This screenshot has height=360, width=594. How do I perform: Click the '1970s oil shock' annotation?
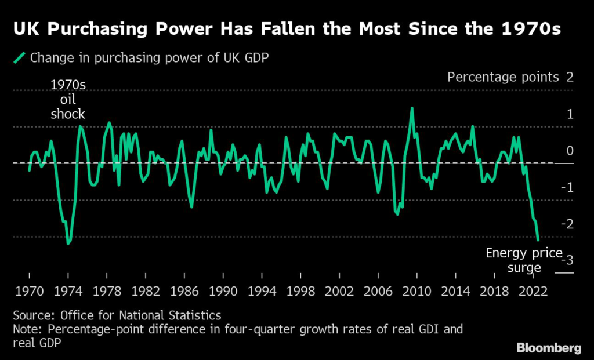tap(68, 99)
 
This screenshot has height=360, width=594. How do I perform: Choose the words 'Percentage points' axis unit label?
tap(502, 77)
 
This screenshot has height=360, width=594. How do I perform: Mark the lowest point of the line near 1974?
tap(68, 243)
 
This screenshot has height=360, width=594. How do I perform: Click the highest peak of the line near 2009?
tap(412, 108)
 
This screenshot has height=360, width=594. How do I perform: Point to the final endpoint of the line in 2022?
tap(538, 239)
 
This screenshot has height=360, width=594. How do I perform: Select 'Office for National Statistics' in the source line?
tap(139, 315)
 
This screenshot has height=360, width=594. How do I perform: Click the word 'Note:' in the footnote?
tap(27, 329)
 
